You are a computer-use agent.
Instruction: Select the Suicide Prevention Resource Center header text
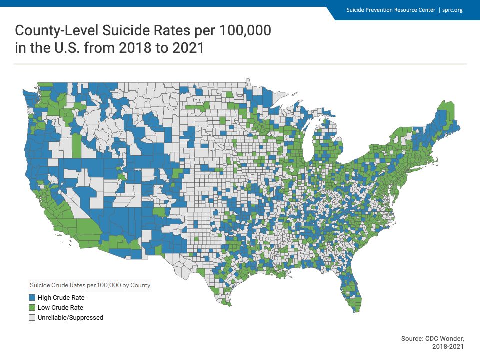click(391, 10)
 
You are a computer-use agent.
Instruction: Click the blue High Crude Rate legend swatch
click(32, 298)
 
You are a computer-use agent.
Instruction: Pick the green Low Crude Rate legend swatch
click(32, 308)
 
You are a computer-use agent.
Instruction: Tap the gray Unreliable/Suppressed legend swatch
click(32, 318)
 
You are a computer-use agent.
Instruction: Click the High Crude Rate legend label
click(61, 298)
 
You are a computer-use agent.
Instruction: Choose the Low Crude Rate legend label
click(60, 308)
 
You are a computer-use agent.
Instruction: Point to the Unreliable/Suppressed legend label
click(70, 318)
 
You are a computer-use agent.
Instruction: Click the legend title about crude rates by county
click(90, 285)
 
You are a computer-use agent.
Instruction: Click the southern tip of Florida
click(355, 311)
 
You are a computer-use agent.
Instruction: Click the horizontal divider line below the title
click(240, 64)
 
